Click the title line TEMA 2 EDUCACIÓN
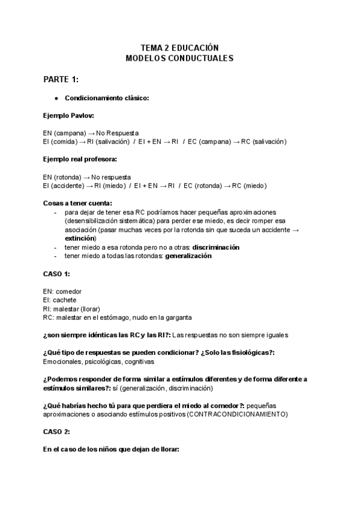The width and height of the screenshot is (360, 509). (x=179, y=47)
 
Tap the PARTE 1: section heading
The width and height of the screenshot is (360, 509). (x=61, y=79)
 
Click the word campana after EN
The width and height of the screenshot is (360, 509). (x=70, y=132)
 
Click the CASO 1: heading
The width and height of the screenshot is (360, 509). (x=57, y=274)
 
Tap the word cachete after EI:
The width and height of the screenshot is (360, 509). (x=65, y=300)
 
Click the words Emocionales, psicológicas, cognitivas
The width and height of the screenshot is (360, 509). (x=98, y=362)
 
